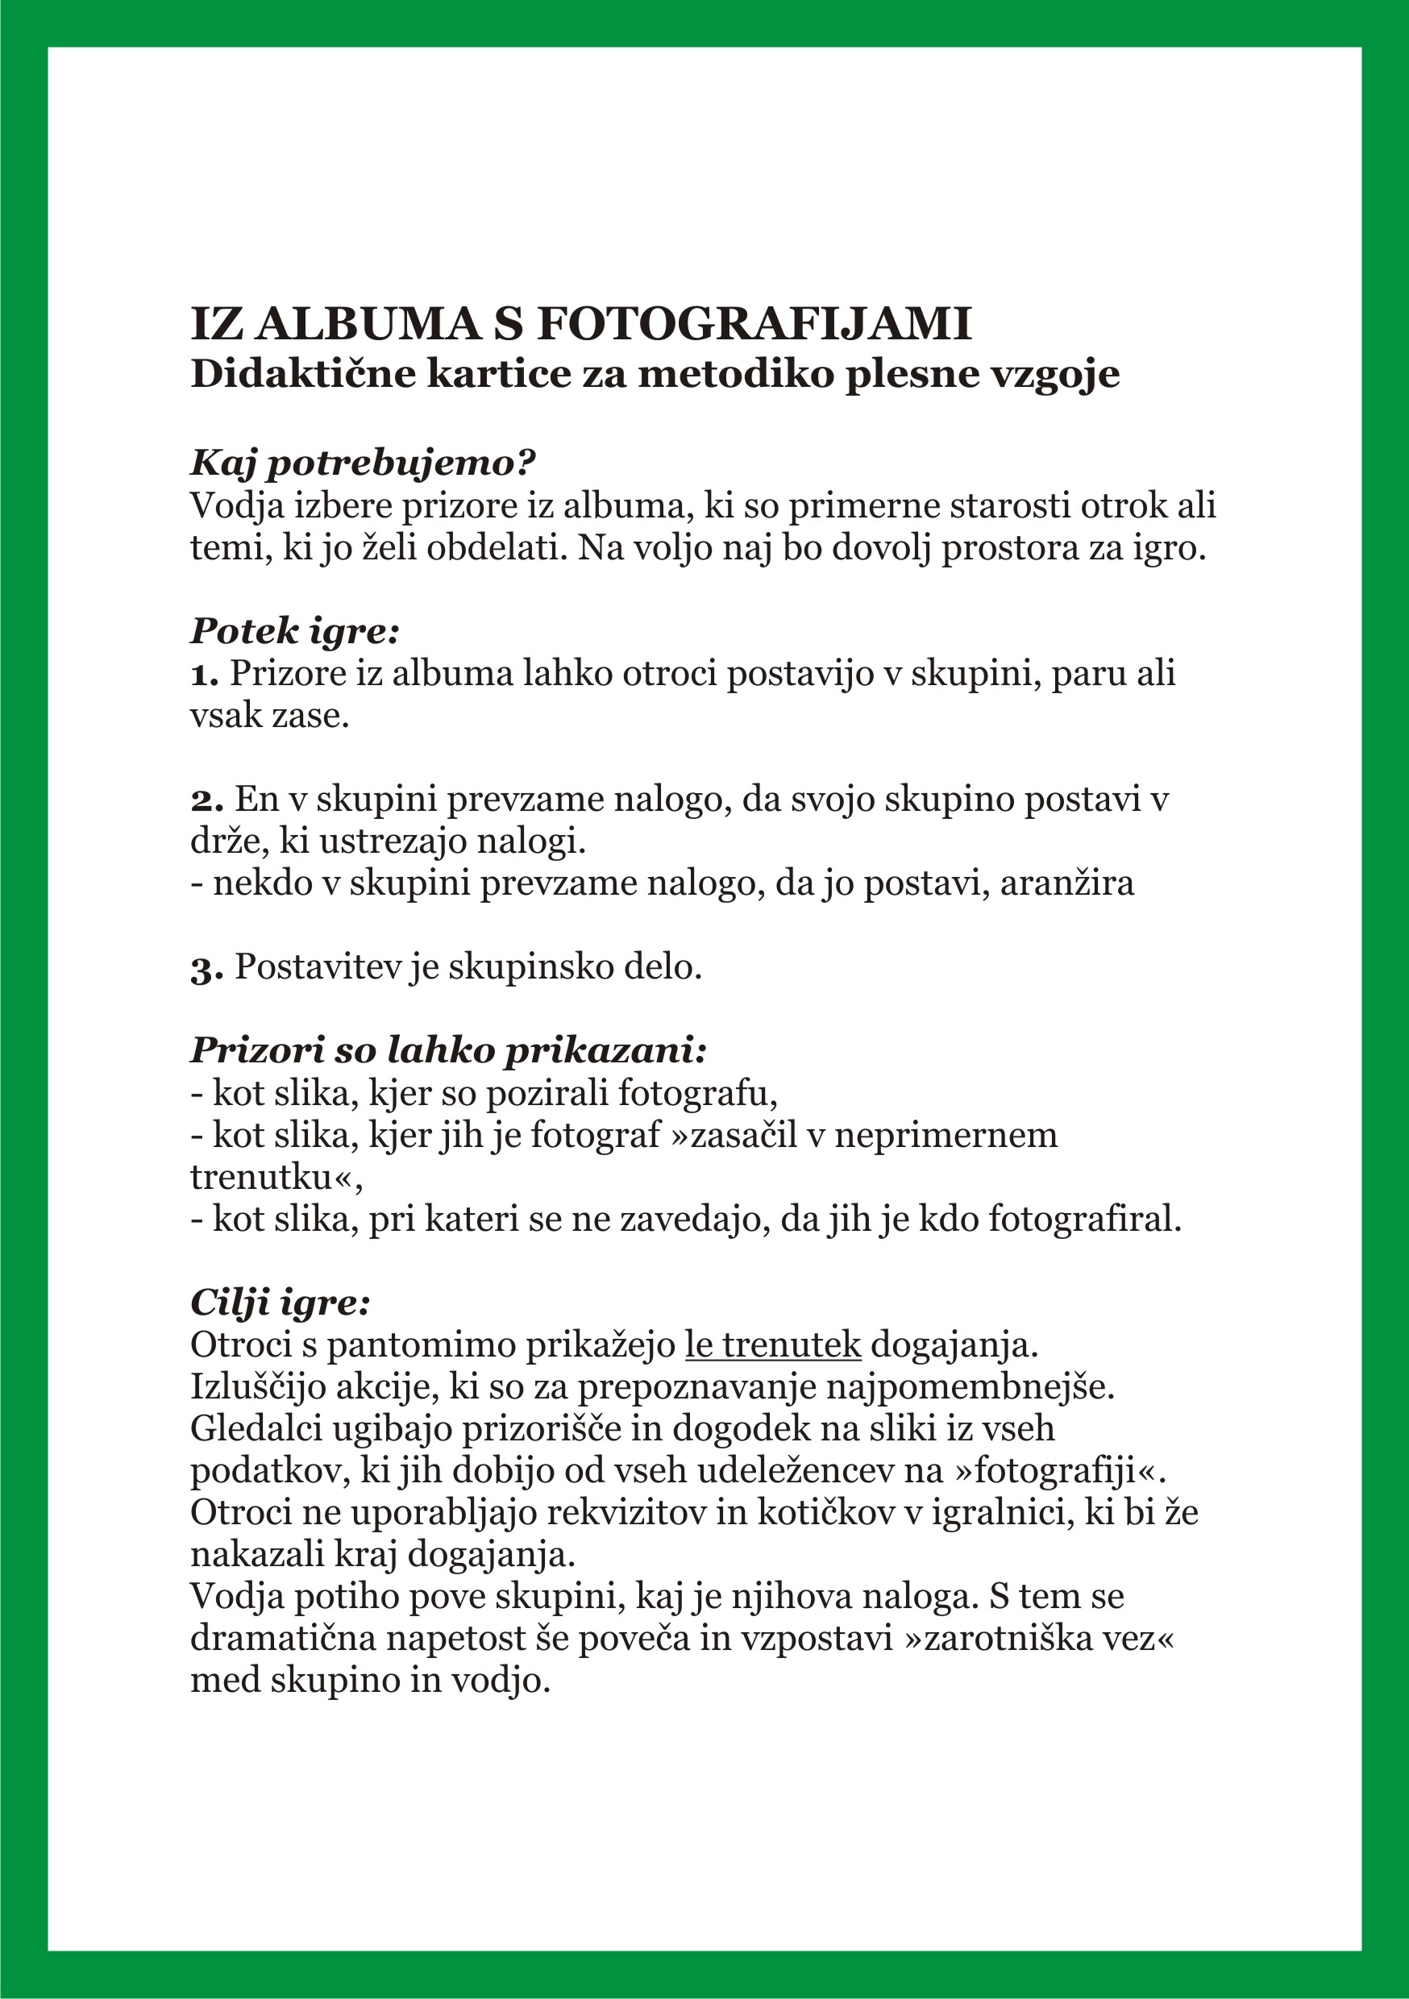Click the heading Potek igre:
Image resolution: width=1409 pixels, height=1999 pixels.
click(294, 630)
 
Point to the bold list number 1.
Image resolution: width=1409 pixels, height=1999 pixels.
click(204, 674)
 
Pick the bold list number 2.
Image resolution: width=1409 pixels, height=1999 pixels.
click(207, 800)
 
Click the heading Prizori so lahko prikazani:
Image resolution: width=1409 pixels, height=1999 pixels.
click(447, 1050)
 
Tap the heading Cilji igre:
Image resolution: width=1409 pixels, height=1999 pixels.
click(281, 1303)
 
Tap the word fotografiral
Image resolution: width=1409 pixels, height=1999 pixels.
click(1084, 1219)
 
